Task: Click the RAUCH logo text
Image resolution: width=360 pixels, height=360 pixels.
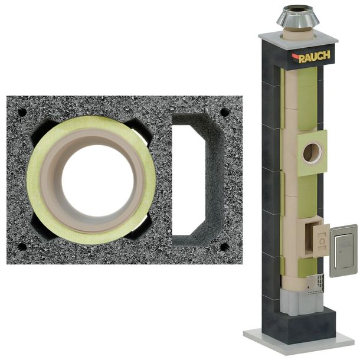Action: click(315, 57)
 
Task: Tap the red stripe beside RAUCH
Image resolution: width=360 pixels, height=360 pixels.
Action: click(296, 56)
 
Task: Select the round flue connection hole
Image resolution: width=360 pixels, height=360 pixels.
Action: click(312, 153)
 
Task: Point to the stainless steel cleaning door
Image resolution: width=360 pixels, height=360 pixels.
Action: click(343, 250)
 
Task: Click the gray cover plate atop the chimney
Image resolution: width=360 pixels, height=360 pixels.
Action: click(298, 38)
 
